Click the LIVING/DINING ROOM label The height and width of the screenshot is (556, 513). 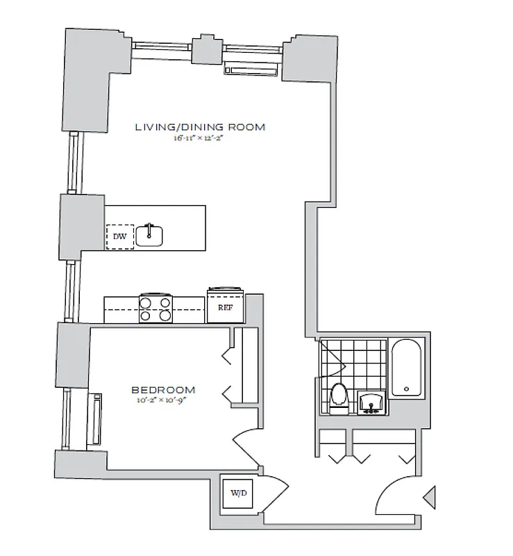click(200, 127)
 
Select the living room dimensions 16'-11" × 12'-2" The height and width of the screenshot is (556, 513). click(200, 138)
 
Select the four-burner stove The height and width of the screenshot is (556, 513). click(155, 308)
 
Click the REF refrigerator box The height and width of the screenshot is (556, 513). click(225, 308)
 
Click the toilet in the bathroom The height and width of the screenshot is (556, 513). click(339, 396)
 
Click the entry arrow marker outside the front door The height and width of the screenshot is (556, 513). click(430, 496)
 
